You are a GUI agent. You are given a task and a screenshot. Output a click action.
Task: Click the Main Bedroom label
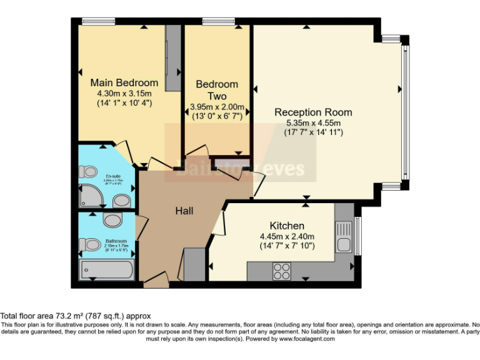(124, 82)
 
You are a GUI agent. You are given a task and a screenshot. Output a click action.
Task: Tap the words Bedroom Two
(217, 90)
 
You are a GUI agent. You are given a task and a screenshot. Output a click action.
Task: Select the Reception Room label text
(313, 112)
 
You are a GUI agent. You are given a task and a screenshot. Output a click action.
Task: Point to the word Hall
(184, 211)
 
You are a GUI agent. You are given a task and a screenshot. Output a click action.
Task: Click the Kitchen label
(287, 226)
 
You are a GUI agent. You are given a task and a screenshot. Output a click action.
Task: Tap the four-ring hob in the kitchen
(282, 271)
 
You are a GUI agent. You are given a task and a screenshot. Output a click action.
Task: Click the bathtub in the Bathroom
(106, 271)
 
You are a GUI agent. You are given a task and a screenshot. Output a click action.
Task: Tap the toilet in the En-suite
(88, 171)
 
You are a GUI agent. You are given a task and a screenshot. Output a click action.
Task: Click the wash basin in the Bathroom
(112, 220)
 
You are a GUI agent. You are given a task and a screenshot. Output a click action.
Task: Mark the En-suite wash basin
(121, 201)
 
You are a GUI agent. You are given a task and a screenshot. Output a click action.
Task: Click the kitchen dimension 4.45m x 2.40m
(287, 237)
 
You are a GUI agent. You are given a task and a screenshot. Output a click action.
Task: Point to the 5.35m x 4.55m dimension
(313, 123)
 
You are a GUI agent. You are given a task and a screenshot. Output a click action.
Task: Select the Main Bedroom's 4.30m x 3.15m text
(124, 94)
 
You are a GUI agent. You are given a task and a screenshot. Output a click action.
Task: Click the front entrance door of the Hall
(155, 281)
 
